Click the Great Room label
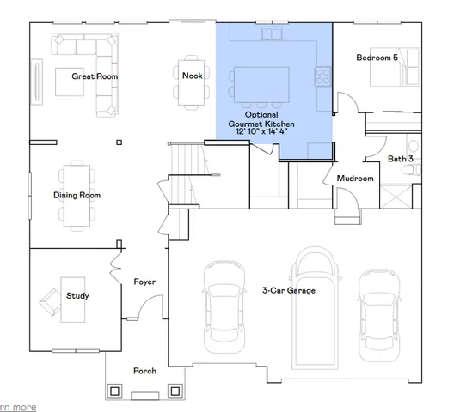[95, 76]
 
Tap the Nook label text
[192, 76]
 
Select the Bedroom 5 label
[377, 58]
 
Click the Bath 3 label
[400, 159]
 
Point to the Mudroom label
[355, 179]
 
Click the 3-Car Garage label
[288, 291]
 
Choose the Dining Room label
[77, 196]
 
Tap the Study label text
[77, 296]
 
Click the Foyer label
[144, 282]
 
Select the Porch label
[144, 371]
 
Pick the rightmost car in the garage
[379, 309]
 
